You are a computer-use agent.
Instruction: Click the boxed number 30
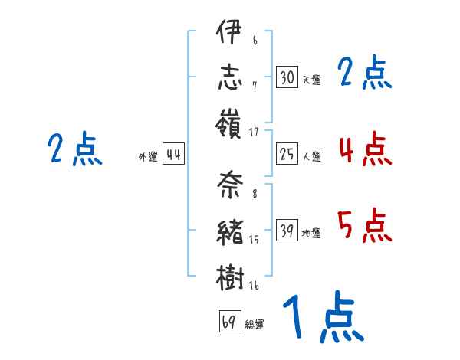pos(287,78)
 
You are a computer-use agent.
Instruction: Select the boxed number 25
pos(287,155)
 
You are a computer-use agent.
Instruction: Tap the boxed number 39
pos(287,231)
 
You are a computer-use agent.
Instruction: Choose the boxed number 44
pos(173,155)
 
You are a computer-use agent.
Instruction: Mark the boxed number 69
pos(229,322)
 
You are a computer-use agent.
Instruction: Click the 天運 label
pos(311,80)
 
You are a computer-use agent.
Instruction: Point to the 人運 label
pos(311,156)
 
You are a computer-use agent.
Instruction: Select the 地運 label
pos(311,233)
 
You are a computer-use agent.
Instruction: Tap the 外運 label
pos(148,156)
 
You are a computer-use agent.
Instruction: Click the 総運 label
pos(255,324)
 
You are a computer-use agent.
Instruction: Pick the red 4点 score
pos(365,149)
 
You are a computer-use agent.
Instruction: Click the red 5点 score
pos(365,225)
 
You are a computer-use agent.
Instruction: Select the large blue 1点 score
pos(322,316)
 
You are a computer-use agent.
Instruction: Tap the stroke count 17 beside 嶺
pos(255,133)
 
